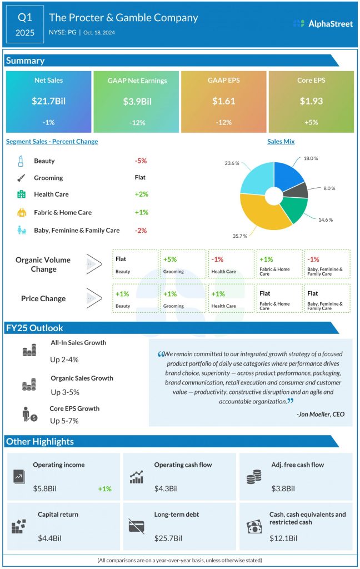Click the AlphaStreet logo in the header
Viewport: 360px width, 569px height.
tap(322, 23)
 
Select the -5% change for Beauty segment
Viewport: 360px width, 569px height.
tap(140, 161)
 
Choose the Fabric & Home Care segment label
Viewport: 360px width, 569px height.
tap(63, 212)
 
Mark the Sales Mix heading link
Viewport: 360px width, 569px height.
tap(281, 142)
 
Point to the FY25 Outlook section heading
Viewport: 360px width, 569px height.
tap(34, 328)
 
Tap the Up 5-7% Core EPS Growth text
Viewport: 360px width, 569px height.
tap(64, 421)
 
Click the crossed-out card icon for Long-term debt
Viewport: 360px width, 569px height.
tap(136, 526)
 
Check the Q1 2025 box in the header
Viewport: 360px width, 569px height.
tap(26, 25)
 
